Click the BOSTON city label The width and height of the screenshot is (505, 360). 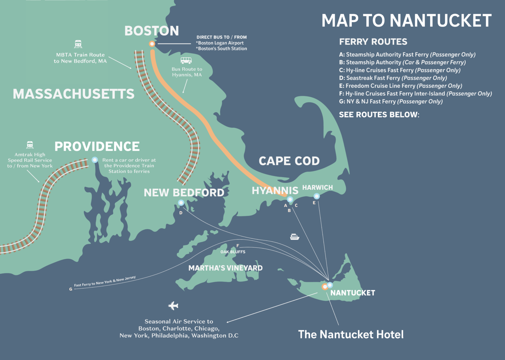(152, 31)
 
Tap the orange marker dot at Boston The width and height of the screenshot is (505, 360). (152, 44)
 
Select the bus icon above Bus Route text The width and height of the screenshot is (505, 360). (186, 60)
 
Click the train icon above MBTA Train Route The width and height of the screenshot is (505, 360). (78, 44)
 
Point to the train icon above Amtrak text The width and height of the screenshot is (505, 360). (30, 145)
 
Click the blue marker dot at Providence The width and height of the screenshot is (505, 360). (95, 160)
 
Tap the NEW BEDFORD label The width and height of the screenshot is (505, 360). (184, 192)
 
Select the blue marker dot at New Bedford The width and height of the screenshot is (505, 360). (181, 203)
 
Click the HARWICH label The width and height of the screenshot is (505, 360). (317, 188)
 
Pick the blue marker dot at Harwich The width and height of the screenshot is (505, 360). (317, 196)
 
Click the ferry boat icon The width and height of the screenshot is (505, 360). (295, 236)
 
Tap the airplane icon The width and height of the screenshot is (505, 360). (173, 306)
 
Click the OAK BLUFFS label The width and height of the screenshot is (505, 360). (233, 252)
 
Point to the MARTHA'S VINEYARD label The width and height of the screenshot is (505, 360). (225, 268)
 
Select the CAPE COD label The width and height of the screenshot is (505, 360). (289, 161)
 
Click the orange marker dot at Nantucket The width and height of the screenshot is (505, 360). (325, 287)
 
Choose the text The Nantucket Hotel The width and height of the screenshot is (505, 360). (351, 334)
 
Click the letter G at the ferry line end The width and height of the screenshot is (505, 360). (71, 289)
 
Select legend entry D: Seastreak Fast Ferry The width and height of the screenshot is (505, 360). (393, 78)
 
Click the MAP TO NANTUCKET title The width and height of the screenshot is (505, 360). (406, 21)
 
